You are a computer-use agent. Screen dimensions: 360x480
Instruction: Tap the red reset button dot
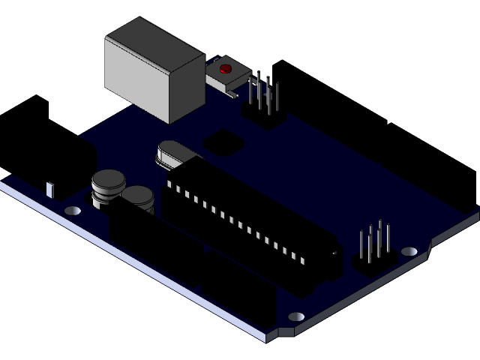click(223, 70)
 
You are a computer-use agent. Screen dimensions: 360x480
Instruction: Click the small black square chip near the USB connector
click(223, 140)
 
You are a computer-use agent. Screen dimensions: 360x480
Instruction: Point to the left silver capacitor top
click(108, 180)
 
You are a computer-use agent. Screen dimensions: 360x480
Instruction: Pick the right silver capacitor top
click(139, 196)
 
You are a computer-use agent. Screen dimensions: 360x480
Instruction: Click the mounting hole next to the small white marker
click(73, 211)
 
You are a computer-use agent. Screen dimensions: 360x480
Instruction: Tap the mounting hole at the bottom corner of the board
click(296, 317)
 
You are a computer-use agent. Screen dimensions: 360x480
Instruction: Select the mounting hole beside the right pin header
click(409, 251)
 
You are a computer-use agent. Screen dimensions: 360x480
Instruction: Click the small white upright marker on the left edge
click(50, 189)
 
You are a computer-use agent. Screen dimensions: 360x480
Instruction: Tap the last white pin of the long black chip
click(303, 259)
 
